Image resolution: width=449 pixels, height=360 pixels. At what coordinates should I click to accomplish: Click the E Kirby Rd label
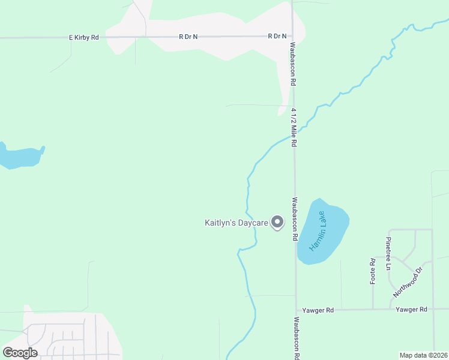tap(84, 37)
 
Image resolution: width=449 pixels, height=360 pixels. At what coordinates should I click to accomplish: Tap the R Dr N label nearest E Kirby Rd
tap(188, 37)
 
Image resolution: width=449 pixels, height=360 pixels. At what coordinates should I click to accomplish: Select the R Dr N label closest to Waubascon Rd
tap(277, 37)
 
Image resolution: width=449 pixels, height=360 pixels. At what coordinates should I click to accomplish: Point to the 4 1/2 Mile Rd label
tap(295, 128)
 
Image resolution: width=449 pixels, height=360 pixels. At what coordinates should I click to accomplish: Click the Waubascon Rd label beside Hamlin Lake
tap(295, 219)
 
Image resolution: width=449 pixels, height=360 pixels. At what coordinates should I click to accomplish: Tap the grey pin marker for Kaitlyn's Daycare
tap(277, 223)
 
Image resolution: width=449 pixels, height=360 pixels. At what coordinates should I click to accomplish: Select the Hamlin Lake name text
tap(317, 231)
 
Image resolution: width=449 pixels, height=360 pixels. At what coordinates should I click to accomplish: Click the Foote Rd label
tap(373, 271)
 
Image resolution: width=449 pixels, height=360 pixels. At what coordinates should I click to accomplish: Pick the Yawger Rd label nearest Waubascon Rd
tap(318, 310)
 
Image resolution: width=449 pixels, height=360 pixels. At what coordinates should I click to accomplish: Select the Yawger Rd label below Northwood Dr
tap(411, 310)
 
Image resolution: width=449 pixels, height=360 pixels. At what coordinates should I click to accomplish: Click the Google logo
tap(20, 353)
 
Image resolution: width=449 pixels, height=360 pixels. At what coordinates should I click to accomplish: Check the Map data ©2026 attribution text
tap(423, 355)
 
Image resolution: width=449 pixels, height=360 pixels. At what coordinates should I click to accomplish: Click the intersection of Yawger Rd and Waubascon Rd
tap(296, 310)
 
